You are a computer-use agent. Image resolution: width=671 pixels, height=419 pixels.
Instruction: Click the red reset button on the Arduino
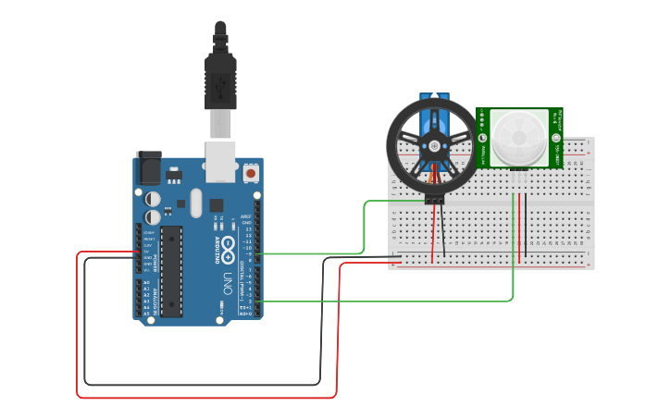point(251,173)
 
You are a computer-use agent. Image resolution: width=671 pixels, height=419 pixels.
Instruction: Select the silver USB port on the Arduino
point(219,161)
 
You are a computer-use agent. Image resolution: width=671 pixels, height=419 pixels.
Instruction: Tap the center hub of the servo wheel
point(432,146)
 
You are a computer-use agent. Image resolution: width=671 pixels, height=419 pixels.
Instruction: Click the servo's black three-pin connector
point(433,197)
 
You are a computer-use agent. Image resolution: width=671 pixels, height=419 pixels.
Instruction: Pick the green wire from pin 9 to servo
point(365,227)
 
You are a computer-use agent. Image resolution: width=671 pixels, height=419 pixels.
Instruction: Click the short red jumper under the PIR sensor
point(519,227)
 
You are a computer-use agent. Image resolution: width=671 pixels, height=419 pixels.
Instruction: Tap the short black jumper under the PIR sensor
point(526,227)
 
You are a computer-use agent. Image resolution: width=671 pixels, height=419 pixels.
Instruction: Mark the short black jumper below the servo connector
point(442,231)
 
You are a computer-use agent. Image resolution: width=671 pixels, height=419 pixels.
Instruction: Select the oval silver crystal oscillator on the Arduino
point(195,203)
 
